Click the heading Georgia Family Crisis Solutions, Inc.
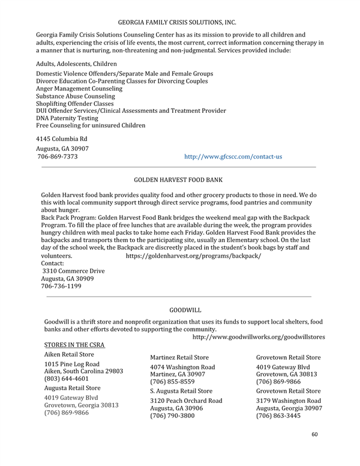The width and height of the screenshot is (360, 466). click(x=177, y=22)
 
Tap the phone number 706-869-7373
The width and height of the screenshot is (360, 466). click(x=58, y=157)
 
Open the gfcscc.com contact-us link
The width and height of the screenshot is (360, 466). click(x=233, y=157)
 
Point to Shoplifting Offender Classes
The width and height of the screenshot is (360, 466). click(x=75, y=103)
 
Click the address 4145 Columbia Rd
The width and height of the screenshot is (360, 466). click(x=62, y=139)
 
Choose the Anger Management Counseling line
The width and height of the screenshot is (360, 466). click(x=79, y=89)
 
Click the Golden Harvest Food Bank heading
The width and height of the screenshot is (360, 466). click(x=178, y=180)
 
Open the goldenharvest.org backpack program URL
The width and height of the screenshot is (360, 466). click(x=193, y=256)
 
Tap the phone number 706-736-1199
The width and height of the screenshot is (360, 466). click(x=61, y=286)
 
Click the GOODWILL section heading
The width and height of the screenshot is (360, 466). click(x=185, y=310)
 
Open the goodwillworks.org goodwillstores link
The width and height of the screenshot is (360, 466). click(x=259, y=337)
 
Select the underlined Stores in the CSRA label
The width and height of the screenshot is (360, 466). click(x=75, y=345)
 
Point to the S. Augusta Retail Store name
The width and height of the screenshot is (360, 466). click(x=181, y=391)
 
